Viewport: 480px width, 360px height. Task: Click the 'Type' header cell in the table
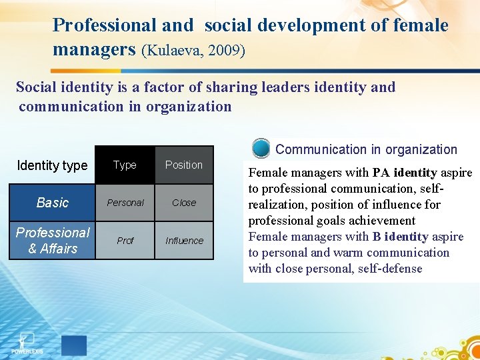(x=125, y=165)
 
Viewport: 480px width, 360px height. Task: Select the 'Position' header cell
(x=183, y=165)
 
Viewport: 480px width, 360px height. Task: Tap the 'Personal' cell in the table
(x=125, y=203)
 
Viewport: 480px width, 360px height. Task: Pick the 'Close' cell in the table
(x=184, y=203)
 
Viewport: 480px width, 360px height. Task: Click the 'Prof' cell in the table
(x=125, y=241)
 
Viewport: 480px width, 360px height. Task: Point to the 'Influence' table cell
(x=184, y=241)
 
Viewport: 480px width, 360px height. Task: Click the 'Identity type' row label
(x=52, y=165)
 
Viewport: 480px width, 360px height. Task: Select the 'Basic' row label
(x=53, y=203)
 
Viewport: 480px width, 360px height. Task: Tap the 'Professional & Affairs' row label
(x=53, y=241)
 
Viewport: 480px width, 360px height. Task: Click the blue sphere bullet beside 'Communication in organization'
(x=261, y=148)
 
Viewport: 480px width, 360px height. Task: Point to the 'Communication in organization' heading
(x=366, y=149)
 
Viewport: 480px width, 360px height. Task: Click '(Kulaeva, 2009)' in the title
(x=193, y=51)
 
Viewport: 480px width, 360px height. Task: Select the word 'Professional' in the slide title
(x=105, y=25)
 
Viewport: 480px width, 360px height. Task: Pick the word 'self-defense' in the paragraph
(x=389, y=269)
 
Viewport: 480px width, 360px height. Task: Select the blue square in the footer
(x=73, y=345)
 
